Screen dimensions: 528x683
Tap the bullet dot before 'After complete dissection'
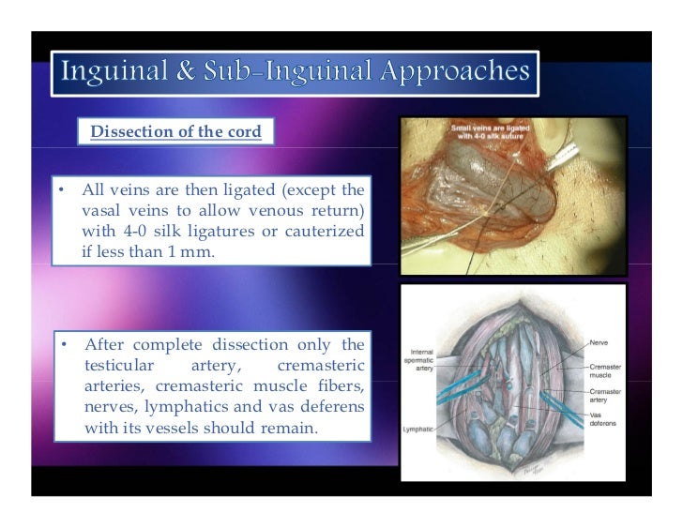[x=60, y=345]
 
